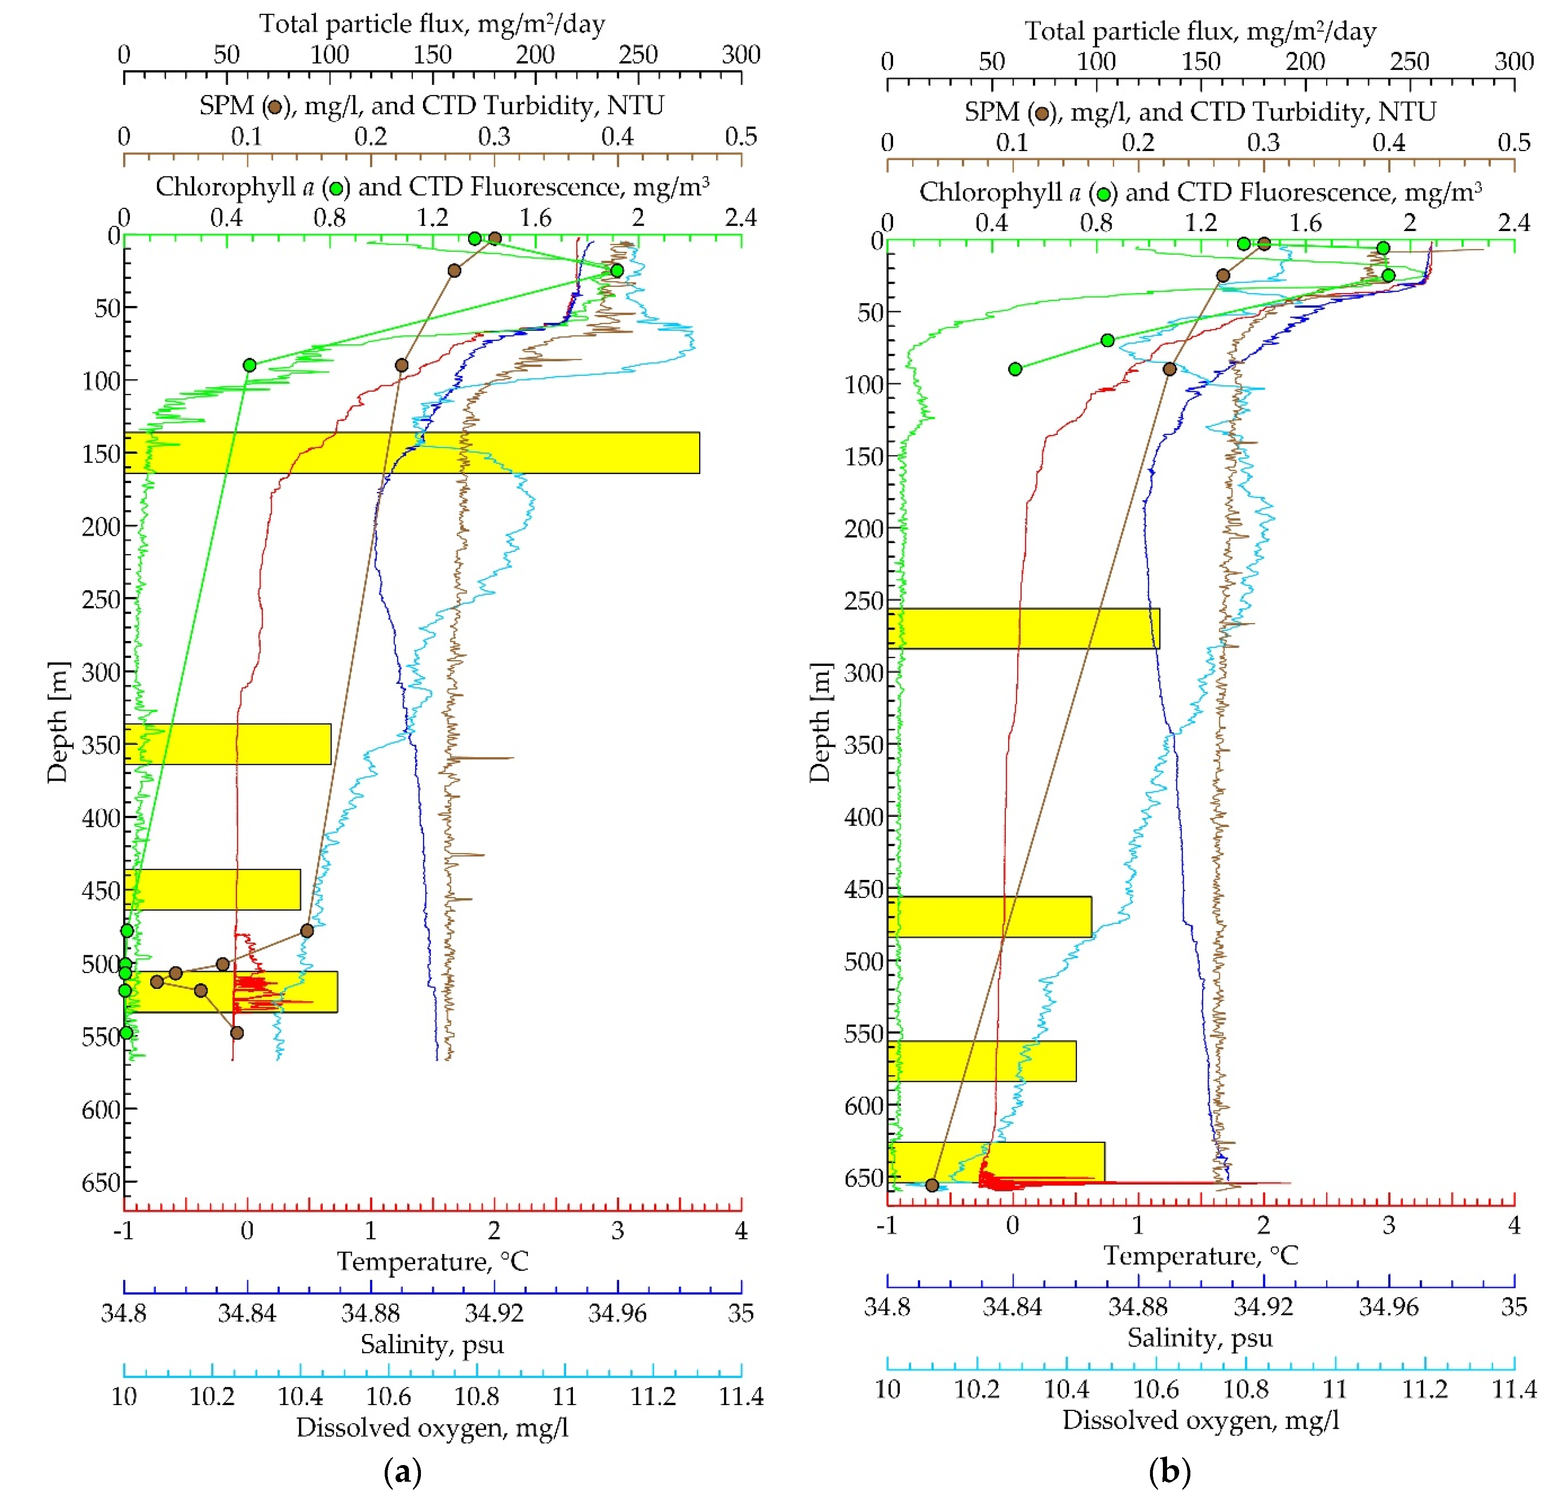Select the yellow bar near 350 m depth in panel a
click(228, 744)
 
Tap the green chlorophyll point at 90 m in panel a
click(249, 365)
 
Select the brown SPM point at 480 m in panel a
click(306, 930)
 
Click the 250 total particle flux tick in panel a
click(637, 55)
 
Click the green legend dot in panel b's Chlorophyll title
click(1104, 194)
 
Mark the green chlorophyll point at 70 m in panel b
click(1107, 341)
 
